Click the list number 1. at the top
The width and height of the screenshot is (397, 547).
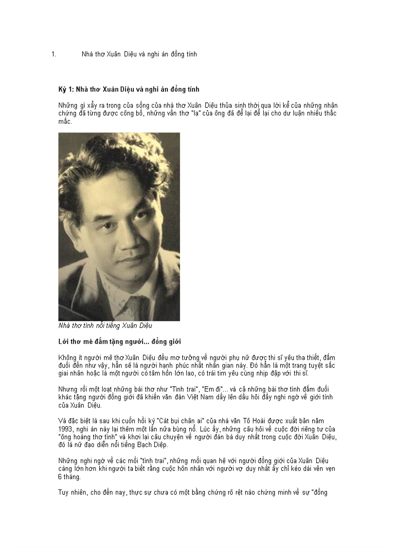click(x=54, y=55)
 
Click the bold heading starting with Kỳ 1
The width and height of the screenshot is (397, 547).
click(x=129, y=90)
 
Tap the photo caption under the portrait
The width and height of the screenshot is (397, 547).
click(x=105, y=325)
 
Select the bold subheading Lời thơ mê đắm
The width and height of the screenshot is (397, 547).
click(x=120, y=341)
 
